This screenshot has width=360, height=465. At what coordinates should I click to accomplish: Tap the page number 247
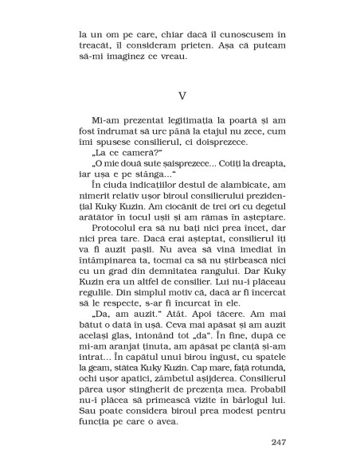pos(278,443)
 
